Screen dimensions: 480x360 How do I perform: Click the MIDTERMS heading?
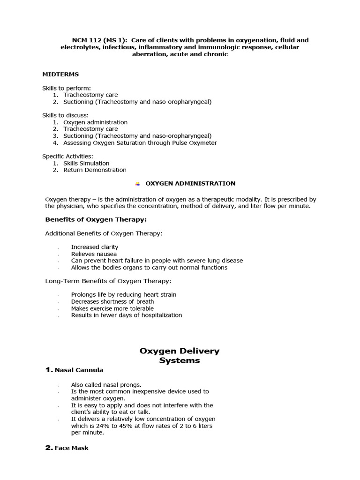60,74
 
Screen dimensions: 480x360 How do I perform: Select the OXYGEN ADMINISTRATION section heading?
191,183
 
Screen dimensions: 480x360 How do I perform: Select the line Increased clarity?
95,247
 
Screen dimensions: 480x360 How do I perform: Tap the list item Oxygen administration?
95,122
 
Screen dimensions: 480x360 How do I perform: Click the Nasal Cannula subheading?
79,370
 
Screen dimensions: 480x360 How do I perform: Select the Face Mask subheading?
71,448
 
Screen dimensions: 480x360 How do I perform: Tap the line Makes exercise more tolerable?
112,308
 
